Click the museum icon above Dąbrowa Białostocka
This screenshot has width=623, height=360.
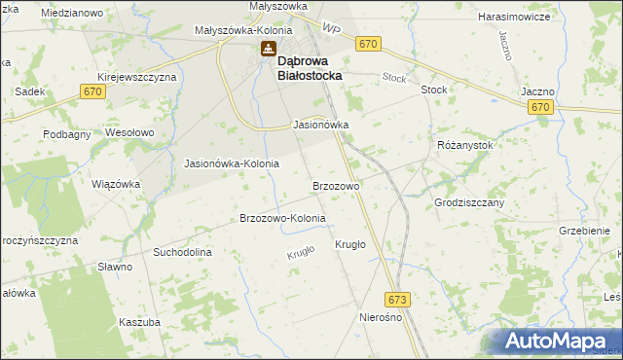(x=267, y=49)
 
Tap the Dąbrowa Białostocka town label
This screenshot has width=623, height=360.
(x=302, y=65)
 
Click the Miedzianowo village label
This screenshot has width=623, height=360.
(x=73, y=13)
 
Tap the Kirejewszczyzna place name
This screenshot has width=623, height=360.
(x=136, y=76)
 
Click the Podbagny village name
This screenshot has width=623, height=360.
(x=66, y=134)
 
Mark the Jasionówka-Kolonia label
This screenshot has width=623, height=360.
(x=232, y=163)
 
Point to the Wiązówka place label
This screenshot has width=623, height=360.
(x=115, y=183)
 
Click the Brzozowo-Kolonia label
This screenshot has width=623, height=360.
(x=282, y=218)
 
